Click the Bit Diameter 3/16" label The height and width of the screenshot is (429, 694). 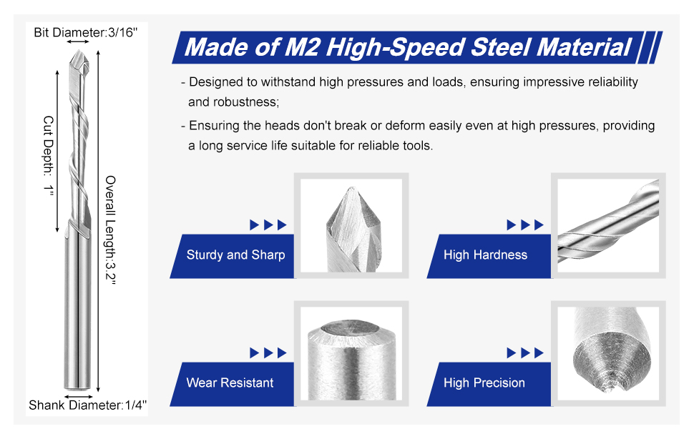pyautogui.click(x=86, y=32)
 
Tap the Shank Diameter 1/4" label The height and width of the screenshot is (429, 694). pyautogui.click(x=87, y=405)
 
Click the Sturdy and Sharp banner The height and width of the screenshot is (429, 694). pyautogui.click(x=232, y=256)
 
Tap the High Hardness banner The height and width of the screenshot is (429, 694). pyautogui.click(x=489, y=256)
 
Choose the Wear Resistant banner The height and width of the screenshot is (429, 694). pyautogui.click(x=232, y=383)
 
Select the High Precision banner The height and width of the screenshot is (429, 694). pyautogui.click(x=489, y=383)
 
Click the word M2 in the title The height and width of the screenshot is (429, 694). pyautogui.click(x=301, y=47)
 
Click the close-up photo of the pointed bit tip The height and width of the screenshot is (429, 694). pyautogui.click(x=351, y=225)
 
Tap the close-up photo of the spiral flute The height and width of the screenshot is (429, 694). pyautogui.click(x=608, y=225)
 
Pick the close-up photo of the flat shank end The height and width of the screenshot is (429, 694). pyautogui.click(x=351, y=353)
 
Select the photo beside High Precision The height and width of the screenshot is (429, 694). pyautogui.click(x=608, y=353)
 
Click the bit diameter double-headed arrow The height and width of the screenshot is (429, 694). pyautogui.click(x=78, y=42)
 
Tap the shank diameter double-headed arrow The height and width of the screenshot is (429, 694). pyautogui.click(x=78, y=397)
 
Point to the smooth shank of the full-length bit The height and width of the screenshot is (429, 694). pyautogui.click(x=78, y=310)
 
